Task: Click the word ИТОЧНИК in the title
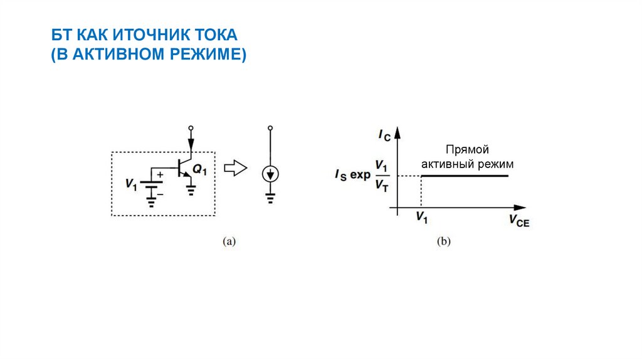(x=137, y=34)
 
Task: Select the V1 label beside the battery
(x=130, y=184)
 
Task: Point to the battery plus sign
(x=160, y=175)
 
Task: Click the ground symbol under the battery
(x=150, y=201)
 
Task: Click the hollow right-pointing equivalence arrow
(x=236, y=168)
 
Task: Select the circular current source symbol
(x=270, y=174)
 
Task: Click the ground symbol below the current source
(x=270, y=199)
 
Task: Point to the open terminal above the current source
(x=270, y=129)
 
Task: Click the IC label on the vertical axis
(x=384, y=134)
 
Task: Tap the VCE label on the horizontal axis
(x=519, y=220)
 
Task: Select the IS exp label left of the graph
(x=352, y=175)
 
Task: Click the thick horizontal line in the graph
(x=464, y=176)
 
